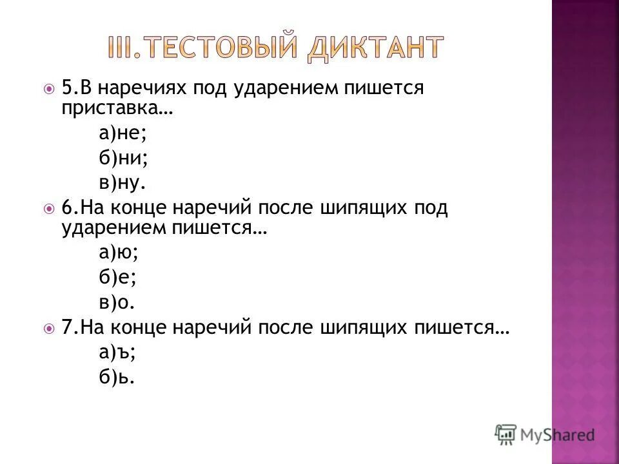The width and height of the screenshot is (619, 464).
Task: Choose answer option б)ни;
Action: (x=124, y=157)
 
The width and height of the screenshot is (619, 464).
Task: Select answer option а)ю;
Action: (x=119, y=253)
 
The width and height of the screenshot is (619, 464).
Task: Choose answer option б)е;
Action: (x=119, y=278)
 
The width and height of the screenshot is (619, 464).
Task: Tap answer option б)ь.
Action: (x=117, y=377)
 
